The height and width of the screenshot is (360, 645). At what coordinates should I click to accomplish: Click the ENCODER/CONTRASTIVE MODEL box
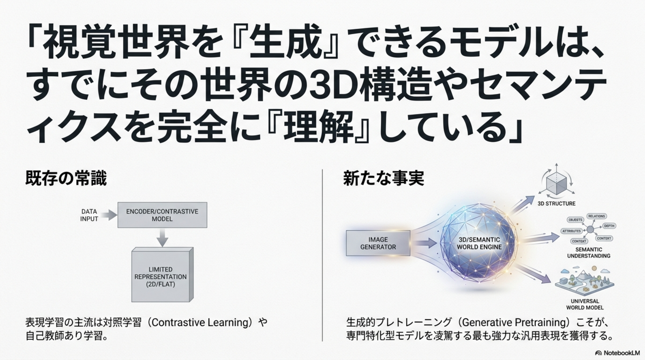click(x=162, y=215)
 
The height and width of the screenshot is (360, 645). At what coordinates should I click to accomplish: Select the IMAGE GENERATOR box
click(x=378, y=243)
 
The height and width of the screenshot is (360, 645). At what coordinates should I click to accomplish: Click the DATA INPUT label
click(x=89, y=215)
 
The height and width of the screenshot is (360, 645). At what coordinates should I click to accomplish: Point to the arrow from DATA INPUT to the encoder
click(x=109, y=215)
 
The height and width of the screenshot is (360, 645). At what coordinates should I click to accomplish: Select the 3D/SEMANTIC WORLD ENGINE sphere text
click(x=479, y=243)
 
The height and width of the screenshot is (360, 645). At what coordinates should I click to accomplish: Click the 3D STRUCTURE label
click(x=556, y=204)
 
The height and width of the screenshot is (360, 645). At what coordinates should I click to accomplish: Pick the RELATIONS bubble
click(x=596, y=216)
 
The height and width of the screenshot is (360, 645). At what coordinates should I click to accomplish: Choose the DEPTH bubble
click(x=609, y=226)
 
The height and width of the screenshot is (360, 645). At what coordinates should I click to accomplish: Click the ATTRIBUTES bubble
click(x=571, y=231)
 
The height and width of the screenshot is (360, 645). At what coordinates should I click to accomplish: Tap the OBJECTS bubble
click(x=575, y=220)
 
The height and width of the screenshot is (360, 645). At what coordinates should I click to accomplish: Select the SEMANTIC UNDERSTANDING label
click(x=589, y=253)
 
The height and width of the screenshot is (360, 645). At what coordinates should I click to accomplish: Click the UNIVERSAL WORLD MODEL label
click(x=585, y=304)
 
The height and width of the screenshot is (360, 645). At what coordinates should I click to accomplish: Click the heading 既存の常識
click(x=66, y=178)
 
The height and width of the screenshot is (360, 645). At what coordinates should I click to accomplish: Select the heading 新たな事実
click(x=384, y=178)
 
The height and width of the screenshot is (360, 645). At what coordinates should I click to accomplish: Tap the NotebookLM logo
click(x=617, y=353)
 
